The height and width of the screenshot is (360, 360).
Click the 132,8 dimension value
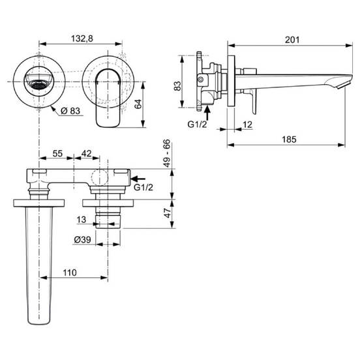click(82, 38)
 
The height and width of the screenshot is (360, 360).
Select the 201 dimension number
click(292, 40)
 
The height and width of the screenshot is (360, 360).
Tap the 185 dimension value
click(289, 140)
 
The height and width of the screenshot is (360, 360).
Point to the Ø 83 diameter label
click(70, 111)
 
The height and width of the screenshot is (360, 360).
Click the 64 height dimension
click(138, 104)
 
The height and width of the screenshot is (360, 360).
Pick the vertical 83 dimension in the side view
click(177, 86)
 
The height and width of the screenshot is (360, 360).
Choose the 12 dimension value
click(247, 125)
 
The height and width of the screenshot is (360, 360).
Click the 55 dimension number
click(57, 153)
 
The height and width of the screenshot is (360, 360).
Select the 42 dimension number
click(87, 153)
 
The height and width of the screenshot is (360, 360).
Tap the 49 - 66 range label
click(167, 153)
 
